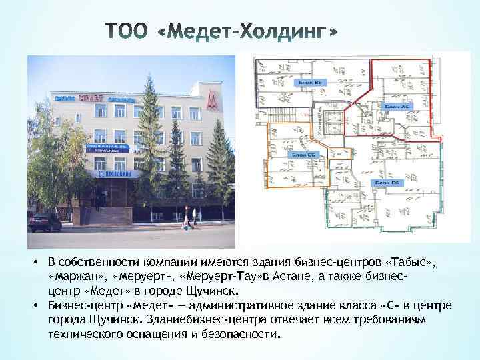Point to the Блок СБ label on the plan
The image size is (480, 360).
tap(304, 154)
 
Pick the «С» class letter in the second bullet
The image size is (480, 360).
tap(390, 305)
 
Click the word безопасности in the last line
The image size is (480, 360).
tap(237, 331)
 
